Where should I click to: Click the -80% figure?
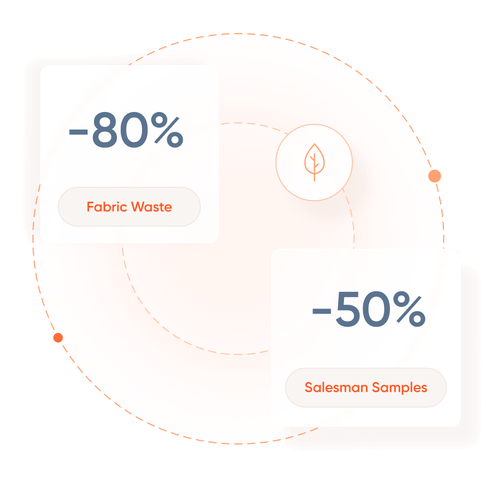[126, 130]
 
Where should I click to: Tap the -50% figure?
[369, 309]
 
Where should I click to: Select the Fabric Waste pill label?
[129, 206]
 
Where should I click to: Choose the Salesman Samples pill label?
[366, 387]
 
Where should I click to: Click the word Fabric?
[107, 207]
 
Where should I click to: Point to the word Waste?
[152, 207]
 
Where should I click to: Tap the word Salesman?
[336, 387]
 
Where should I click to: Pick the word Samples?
[400, 388]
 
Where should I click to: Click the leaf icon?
[315, 162]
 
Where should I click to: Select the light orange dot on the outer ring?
[435, 176]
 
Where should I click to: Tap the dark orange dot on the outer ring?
[58, 338]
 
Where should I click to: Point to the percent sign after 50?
[409, 309]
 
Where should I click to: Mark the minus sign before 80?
[79, 132]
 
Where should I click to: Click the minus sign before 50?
[322, 311]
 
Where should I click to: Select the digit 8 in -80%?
[104, 130]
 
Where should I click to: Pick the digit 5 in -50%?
[348, 309]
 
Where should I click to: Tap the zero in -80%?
[134, 130]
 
